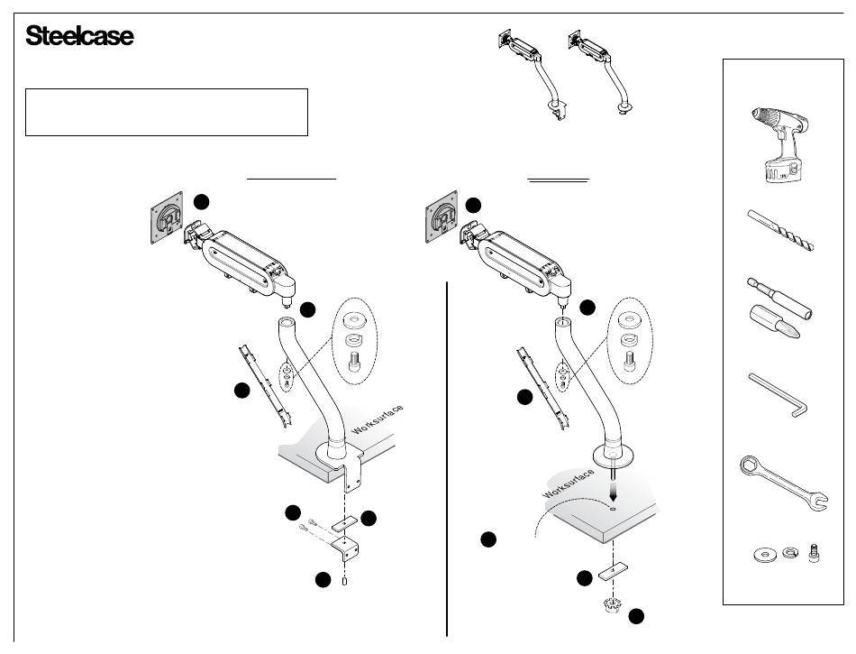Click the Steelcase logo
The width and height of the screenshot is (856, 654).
click(80, 37)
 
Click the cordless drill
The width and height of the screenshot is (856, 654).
click(778, 144)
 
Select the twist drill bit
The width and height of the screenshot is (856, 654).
click(780, 229)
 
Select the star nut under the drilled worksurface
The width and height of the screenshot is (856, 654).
click(614, 603)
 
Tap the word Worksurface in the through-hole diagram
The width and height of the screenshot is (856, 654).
click(568, 484)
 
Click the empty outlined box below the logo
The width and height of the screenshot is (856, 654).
click(167, 112)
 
